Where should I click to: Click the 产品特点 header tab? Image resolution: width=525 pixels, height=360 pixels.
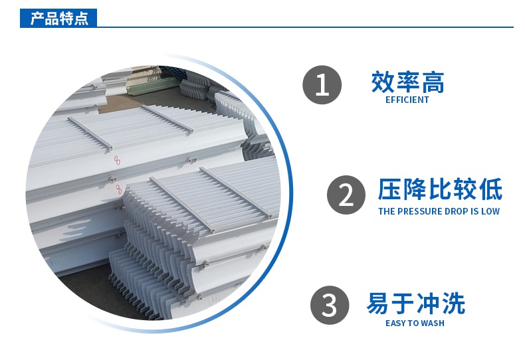58,18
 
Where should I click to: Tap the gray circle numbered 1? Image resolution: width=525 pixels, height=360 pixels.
322,84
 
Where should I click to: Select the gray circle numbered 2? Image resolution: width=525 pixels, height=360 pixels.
346,195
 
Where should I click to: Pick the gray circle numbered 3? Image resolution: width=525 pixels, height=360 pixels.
330,305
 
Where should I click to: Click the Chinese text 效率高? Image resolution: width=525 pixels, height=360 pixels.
407,82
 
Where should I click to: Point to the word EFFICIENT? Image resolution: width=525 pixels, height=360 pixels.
407,100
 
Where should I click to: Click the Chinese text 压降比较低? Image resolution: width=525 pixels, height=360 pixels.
440,189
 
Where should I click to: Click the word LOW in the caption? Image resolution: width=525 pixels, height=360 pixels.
490,211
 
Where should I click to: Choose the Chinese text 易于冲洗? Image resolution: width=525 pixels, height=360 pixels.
416,303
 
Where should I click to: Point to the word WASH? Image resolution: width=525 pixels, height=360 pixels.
433,323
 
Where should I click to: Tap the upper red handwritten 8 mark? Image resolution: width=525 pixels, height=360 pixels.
117,161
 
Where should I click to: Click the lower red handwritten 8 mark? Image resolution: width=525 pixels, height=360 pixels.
118,189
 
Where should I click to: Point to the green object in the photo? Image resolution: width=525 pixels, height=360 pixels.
155,85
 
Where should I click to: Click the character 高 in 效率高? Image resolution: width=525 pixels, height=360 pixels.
433,82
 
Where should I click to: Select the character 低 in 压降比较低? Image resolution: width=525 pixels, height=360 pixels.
491,189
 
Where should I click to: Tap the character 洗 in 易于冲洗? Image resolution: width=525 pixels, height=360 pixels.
454,303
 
